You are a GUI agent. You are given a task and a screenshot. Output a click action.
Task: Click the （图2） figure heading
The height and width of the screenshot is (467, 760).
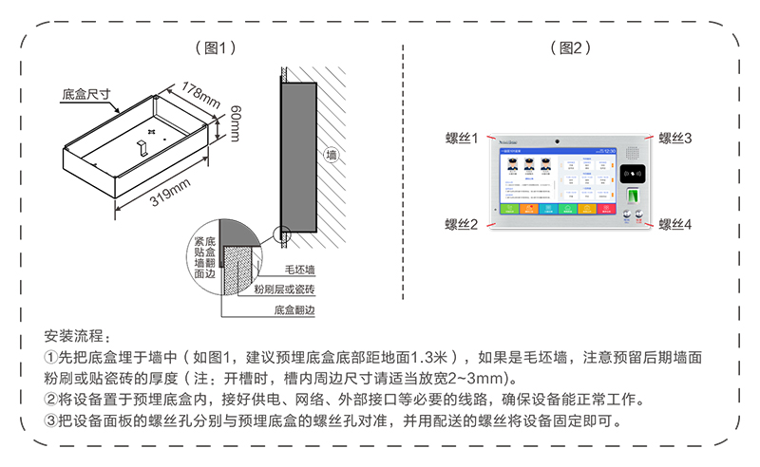570,47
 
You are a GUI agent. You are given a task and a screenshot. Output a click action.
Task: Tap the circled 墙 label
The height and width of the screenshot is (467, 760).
331,154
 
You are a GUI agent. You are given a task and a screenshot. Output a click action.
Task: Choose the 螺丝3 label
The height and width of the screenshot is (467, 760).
674,139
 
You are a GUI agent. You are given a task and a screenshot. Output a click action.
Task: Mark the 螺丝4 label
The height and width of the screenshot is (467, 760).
674,224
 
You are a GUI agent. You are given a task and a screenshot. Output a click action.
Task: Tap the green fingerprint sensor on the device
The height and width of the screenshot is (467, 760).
636,196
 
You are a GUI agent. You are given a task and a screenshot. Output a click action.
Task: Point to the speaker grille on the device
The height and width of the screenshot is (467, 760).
628,215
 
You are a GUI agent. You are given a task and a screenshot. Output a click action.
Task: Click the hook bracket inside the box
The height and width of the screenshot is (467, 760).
142,145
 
